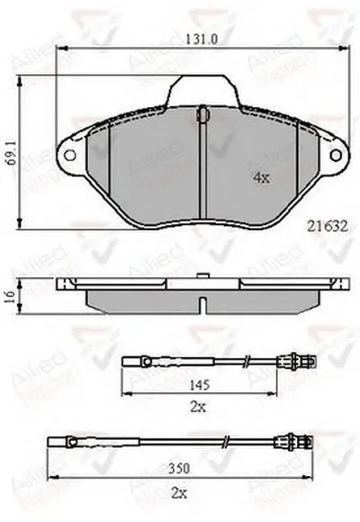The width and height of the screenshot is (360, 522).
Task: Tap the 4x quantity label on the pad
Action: (x=261, y=178)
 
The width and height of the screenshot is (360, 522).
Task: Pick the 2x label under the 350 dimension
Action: (x=181, y=491)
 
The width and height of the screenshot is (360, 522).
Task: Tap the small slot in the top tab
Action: (x=202, y=114)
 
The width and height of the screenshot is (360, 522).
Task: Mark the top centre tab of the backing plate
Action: (x=203, y=94)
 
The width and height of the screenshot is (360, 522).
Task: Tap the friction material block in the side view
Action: (x=144, y=300)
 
